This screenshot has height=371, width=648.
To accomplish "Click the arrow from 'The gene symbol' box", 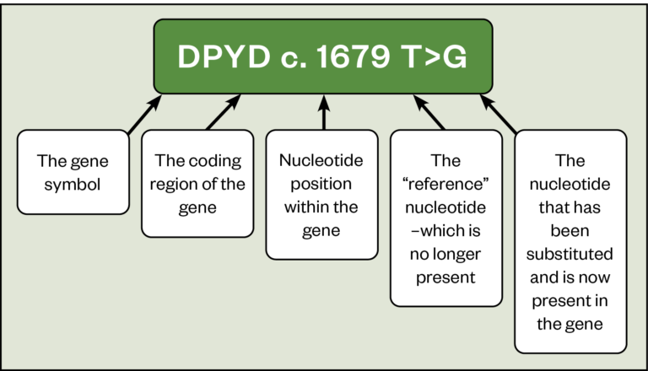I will click(x=144, y=114).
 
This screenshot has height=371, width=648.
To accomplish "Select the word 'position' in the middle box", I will click(x=321, y=182).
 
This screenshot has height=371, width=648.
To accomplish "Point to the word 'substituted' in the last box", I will click(x=571, y=253).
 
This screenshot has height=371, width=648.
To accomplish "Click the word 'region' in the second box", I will click(x=181, y=182).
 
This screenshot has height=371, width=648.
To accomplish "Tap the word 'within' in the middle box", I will click(x=305, y=206).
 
